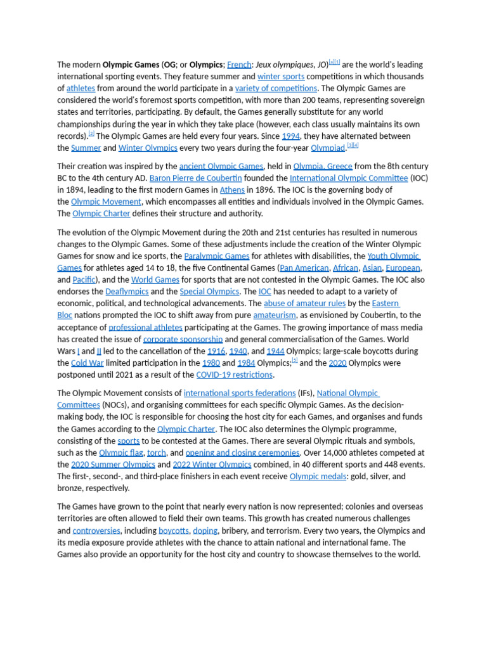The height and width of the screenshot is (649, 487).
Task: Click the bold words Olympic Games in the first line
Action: coord(131,65)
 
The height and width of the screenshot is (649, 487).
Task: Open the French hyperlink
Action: coord(239,65)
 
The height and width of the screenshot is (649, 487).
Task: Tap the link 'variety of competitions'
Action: coord(276,89)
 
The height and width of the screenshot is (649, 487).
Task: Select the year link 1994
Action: coord(290,136)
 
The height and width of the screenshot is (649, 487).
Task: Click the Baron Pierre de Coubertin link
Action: coord(195,178)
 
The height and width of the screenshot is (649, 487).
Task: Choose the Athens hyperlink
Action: coord(232,190)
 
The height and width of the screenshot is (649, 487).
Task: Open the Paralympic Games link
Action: coord(216,256)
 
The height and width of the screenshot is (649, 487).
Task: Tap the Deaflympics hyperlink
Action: coord(127,292)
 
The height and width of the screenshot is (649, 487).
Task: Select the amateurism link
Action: coord(274,316)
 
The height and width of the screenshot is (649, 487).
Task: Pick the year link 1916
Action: coord(216,351)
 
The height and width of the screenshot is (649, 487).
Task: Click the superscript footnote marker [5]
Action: coord(295,361)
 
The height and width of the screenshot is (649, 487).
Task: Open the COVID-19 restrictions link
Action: coord(235,375)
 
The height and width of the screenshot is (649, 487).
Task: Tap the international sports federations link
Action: coord(240,393)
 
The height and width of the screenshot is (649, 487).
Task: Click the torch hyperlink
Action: coord(157,453)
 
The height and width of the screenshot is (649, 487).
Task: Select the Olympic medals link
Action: coord(318,477)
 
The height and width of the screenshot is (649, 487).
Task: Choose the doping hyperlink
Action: coord(205,531)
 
